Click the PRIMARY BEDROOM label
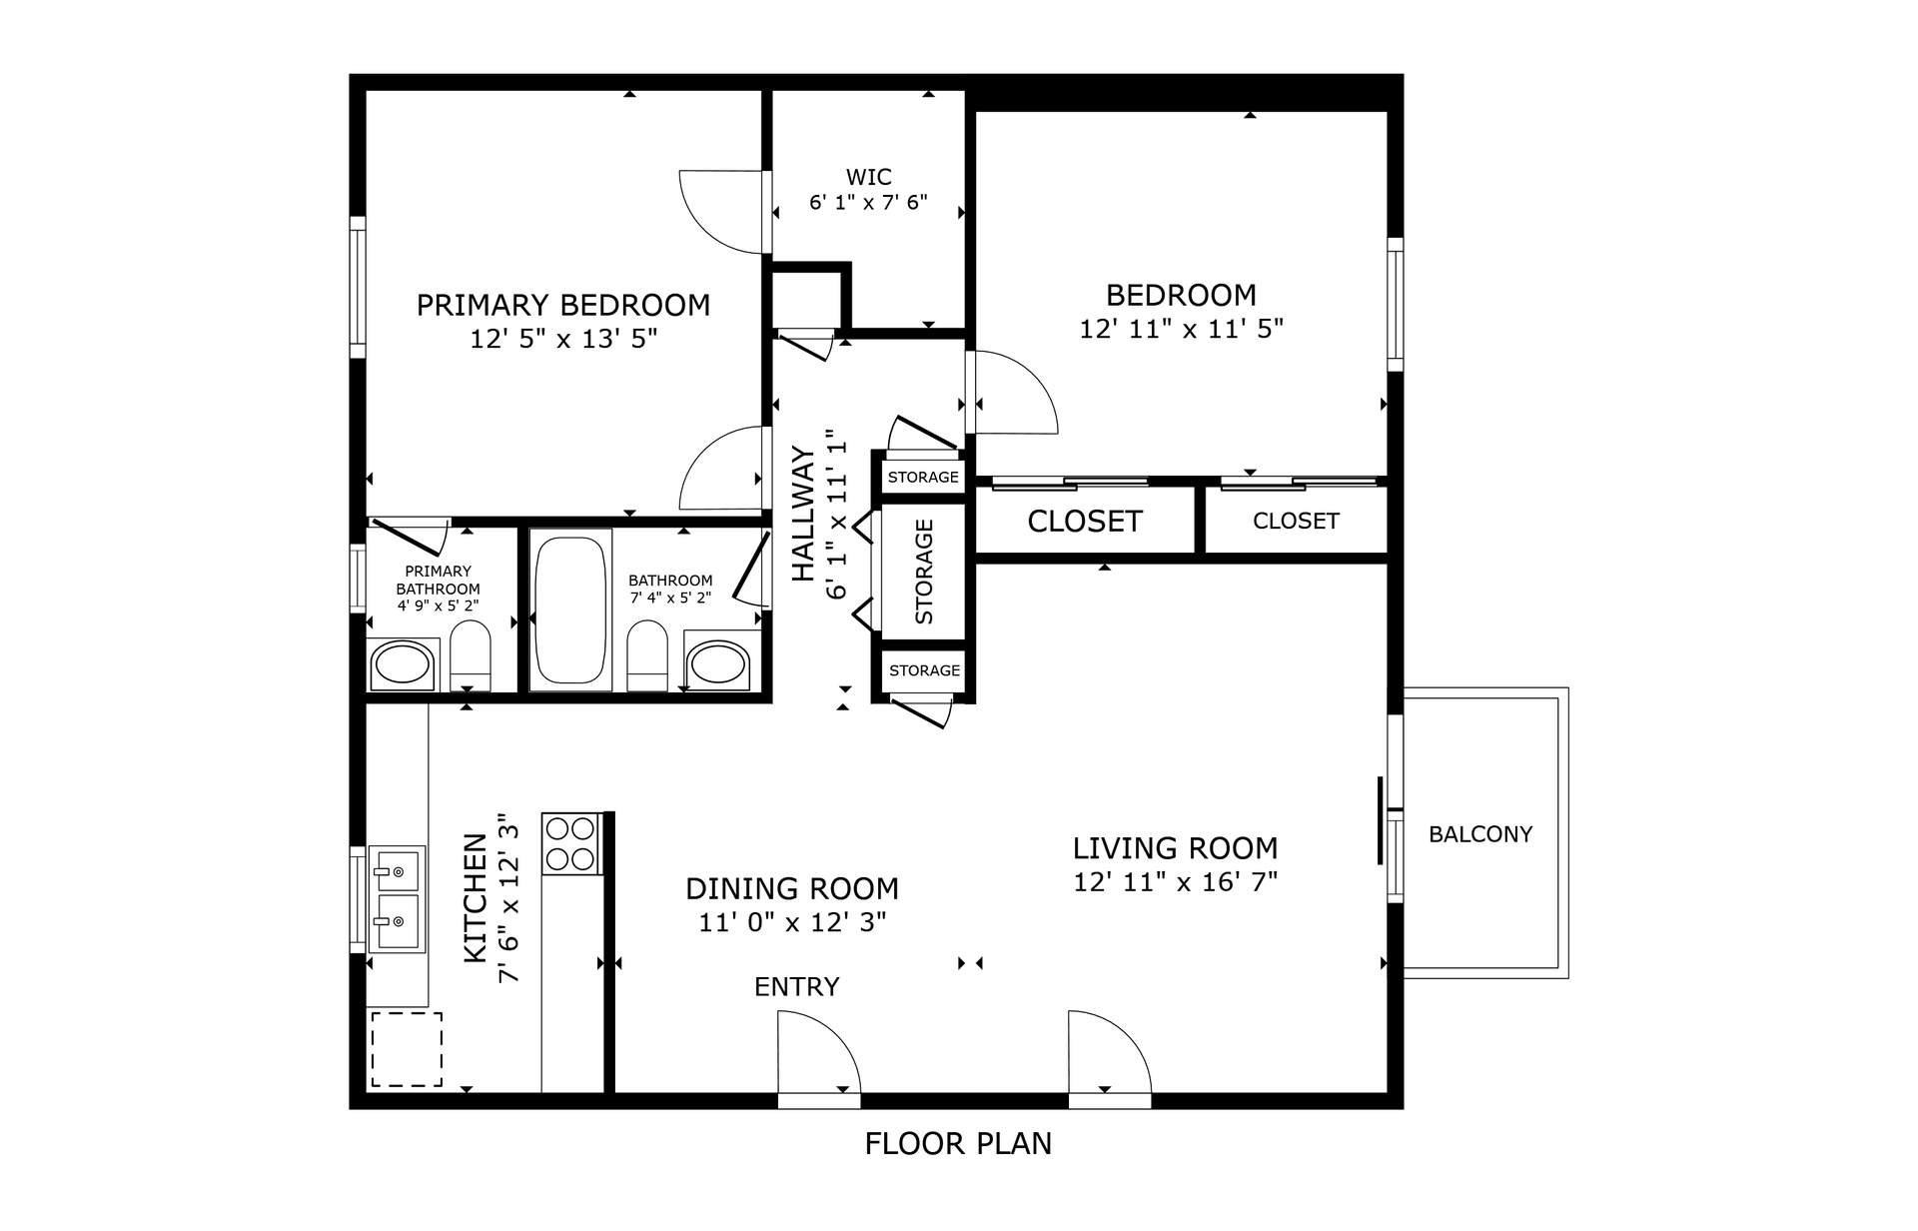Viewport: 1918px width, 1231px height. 562,305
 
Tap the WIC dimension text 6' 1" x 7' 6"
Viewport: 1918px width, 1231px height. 868,203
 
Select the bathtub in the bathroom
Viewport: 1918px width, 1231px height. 570,609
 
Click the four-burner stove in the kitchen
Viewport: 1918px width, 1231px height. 570,844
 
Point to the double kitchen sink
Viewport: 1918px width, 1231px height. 397,898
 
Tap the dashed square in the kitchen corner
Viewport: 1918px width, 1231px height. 407,1049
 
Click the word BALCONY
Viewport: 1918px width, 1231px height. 1479,834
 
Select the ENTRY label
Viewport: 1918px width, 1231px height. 796,987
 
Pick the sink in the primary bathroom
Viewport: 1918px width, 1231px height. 402,664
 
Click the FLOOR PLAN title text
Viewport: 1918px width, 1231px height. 958,1143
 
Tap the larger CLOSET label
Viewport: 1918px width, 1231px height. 1084,522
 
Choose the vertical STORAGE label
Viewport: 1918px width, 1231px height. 924,572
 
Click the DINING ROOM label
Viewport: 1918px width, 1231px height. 792,888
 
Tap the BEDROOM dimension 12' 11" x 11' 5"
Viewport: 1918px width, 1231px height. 1181,329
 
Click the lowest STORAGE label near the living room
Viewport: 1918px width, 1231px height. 924,670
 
